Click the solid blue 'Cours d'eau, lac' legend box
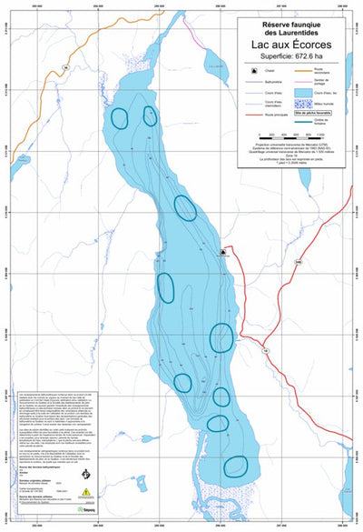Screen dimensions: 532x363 pyautogui.click(x=300, y=93)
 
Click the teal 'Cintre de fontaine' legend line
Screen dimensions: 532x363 pyautogui.click(x=300, y=117)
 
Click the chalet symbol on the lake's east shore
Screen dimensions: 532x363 pyautogui.click(x=221, y=250)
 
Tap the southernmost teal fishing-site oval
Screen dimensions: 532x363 pyautogui.click(x=235, y=467)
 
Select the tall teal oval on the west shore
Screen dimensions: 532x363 pyautogui.click(x=165, y=286)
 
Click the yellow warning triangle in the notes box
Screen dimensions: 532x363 pyautogui.click(x=87, y=491)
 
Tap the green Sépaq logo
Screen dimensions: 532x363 pyautogui.click(x=87, y=510)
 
